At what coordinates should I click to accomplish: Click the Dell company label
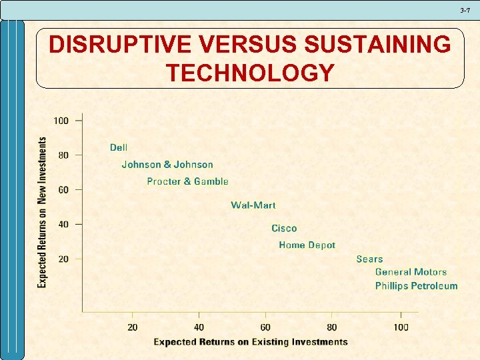coord(119,147)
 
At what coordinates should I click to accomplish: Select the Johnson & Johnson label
coord(167,165)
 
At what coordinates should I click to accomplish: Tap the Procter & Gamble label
coord(187,181)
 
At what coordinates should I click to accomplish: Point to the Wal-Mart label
coord(253,205)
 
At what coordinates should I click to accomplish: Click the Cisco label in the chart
coord(284,229)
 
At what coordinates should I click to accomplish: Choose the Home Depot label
coord(307,245)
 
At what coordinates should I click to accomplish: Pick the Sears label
coord(369,259)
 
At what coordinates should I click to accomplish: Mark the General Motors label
coord(411,272)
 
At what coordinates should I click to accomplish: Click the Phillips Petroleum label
coord(416,286)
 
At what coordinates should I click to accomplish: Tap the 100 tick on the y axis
coord(61,121)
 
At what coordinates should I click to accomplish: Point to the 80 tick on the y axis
coord(63,155)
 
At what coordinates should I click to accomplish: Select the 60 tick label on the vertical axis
coord(63,190)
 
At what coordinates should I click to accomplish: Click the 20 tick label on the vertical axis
coord(63,259)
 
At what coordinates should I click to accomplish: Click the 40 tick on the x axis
coord(199,327)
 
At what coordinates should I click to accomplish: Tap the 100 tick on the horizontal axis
coord(401,327)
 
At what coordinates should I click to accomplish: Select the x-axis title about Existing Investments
coord(251,342)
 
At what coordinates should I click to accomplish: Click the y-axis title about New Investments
coord(43,212)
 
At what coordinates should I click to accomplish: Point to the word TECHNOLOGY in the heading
coord(250,73)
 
